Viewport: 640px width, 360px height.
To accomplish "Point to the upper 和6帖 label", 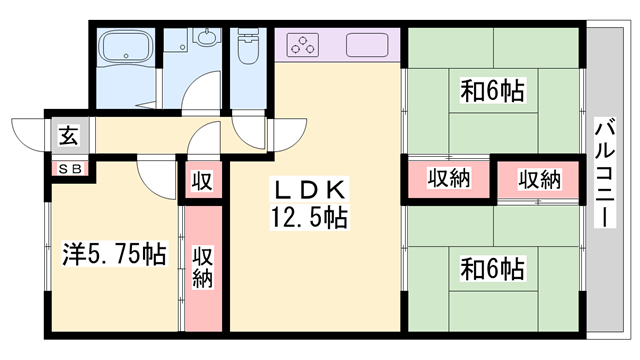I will (x=493, y=92).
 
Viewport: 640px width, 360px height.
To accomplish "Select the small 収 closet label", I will (x=201, y=182).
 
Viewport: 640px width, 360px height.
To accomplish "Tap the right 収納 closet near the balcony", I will (x=539, y=179).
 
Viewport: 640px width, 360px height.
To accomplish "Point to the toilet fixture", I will (x=246, y=52).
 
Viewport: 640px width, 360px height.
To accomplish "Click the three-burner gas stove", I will (x=303, y=45).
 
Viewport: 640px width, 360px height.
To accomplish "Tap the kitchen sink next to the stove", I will (x=369, y=45).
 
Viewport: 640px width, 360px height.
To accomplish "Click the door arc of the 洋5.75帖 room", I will (x=155, y=176).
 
